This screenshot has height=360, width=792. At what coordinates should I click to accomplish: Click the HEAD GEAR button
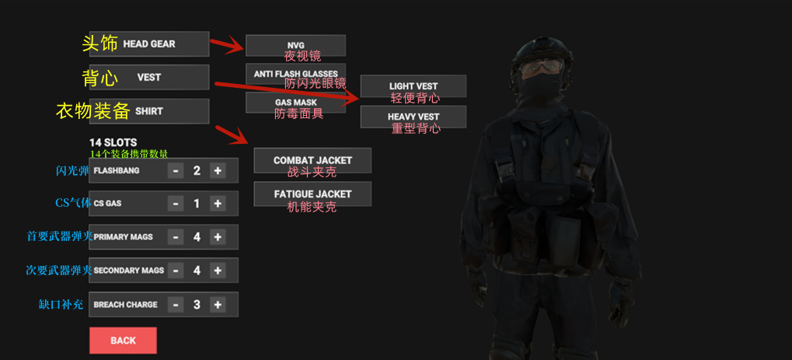[149, 44]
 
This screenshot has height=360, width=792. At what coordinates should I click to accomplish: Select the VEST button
[149, 78]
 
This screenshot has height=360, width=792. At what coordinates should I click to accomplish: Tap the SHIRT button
[149, 111]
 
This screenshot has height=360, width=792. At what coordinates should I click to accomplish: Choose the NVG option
[295, 45]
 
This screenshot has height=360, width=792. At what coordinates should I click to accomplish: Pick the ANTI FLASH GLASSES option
[295, 74]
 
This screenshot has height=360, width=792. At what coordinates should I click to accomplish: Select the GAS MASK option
[295, 102]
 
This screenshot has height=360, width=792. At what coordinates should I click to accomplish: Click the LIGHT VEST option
[413, 86]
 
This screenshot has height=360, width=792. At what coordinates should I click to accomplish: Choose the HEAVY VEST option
[413, 117]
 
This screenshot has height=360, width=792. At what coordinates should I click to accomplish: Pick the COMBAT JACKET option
[312, 160]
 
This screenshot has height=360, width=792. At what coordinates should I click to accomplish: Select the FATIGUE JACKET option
[312, 194]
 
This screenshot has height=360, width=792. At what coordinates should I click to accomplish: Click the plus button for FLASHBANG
[218, 170]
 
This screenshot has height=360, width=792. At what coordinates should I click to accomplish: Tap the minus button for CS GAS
[176, 204]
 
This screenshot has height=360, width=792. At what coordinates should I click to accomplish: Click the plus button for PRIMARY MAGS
[218, 237]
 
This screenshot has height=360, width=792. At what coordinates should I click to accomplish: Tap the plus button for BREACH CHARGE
[218, 305]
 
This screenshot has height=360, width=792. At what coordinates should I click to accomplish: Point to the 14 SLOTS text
[113, 142]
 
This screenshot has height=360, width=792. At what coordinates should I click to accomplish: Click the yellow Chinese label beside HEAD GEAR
[100, 44]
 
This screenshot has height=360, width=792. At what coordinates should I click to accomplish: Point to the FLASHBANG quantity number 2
[197, 170]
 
